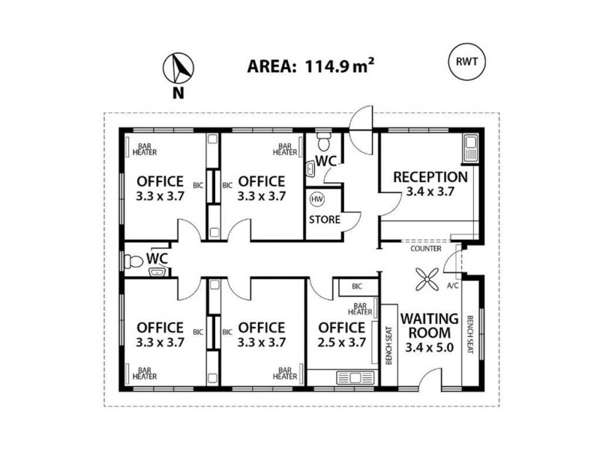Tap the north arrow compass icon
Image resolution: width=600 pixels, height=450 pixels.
[178, 68]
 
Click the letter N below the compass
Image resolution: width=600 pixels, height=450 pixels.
[178, 94]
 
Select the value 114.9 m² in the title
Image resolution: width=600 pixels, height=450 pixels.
[338, 65]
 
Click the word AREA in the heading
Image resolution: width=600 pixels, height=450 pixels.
[271, 66]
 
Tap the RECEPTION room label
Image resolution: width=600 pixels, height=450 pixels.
[430, 177]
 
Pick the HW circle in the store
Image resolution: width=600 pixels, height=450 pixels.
[317, 199]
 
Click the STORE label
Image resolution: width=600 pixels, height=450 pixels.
[325, 220]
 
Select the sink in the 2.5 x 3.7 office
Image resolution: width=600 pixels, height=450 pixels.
[349, 377]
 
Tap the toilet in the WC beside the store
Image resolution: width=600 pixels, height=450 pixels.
[324, 142]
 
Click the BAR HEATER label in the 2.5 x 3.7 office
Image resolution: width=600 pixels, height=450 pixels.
[361, 309]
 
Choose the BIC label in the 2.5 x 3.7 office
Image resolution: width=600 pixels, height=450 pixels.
[357, 286]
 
